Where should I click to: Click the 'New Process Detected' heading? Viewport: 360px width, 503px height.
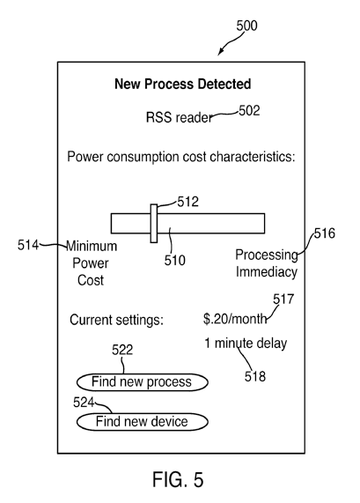click(x=183, y=84)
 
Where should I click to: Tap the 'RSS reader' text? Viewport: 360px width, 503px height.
click(x=179, y=117)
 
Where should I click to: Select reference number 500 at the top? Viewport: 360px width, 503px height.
click(x=246, y=26)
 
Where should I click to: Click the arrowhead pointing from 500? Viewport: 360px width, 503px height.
click(x=221, y=52)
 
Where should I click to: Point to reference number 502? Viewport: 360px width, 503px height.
click(x=249, y=111)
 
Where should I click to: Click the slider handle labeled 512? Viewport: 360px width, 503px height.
click(x=154, y=223)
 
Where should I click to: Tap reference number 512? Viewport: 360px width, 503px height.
click(x=187, y=202)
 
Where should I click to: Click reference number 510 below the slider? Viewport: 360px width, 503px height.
click(x=174, y=260)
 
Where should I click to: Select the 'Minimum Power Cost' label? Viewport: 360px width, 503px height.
click(x=91, y=263)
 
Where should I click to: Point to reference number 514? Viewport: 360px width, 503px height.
click(x=28, y=245)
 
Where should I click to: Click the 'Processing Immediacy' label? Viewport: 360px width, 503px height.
click(x=267, y=263)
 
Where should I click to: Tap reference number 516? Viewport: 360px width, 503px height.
click(x=325, y=233)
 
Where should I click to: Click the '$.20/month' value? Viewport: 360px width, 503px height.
click(x=235, y=319)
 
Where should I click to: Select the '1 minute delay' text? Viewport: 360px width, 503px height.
click(x=246, y=344)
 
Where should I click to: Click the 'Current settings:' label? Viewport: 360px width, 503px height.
click(x=117, y=320)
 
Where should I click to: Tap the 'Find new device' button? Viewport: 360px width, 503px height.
click(x=143, y=422)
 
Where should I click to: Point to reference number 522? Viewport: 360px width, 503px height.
click(x=122, y=350)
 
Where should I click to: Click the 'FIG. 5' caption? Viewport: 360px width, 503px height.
click(x=178, y=480)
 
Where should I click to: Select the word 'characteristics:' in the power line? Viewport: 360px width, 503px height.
click(x=253, y=157)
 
